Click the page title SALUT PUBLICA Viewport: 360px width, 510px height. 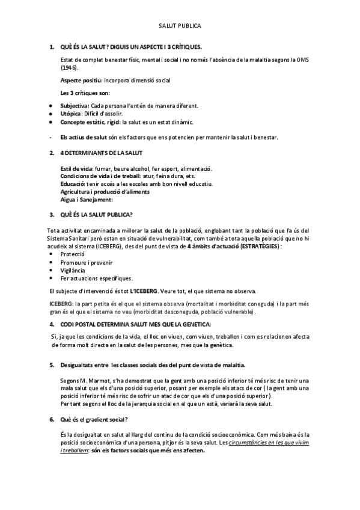coord(180,26)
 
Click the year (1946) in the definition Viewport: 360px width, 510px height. coord(70,68)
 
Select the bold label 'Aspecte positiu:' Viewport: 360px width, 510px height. coord(81,80)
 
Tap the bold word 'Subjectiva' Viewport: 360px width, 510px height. coord(75,105)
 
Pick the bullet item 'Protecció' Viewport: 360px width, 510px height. coord(73,254)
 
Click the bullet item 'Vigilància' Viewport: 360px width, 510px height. coord(73,270)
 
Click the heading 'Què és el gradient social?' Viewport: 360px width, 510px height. coord(94,419)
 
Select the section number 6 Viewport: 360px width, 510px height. coord(52,419)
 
